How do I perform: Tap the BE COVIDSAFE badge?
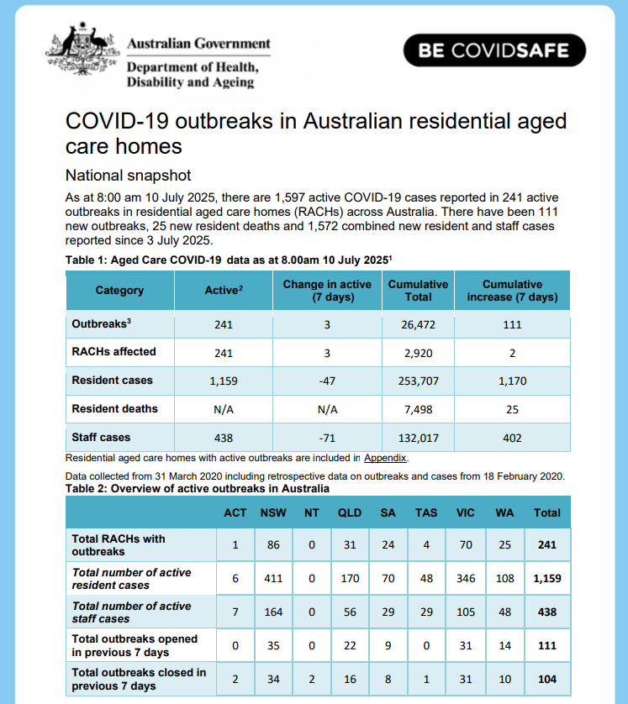point(493,50)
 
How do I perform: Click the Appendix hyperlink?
point(385,458)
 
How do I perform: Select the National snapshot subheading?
point(129,176)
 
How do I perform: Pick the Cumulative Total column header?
point(418,291)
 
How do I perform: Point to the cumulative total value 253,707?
point(418,381)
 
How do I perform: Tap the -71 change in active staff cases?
point(327,438)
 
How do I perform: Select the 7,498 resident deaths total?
point(418,409)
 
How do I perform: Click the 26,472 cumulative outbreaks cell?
point(418,324)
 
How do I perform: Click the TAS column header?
point(426,512)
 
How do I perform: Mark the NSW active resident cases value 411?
point(272,579)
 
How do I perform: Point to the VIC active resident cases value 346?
point(466,579)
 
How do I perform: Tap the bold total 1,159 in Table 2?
point(547,579)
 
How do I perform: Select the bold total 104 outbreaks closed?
point(547,679)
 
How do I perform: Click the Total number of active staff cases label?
point(131,612)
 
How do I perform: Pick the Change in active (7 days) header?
point(327,291)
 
